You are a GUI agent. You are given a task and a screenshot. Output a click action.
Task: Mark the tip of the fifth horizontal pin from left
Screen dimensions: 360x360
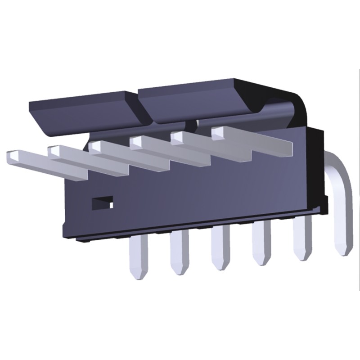pyautogui.click(x=177, y=136)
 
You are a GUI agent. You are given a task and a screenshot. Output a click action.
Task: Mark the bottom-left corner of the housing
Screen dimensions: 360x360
pyautogui.click(x=63, y=234)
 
